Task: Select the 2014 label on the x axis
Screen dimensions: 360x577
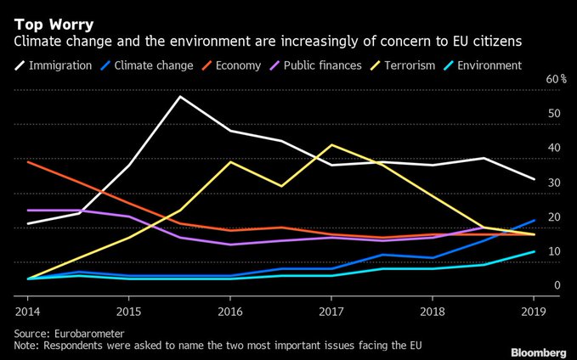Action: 28,310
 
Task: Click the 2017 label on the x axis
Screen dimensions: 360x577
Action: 331,310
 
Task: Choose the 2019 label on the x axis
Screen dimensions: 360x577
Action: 533,310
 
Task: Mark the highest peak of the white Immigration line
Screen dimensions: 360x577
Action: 179,96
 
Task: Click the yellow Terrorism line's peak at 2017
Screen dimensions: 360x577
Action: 331,144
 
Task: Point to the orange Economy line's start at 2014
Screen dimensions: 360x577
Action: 28,161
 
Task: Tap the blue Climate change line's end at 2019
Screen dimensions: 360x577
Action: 534,220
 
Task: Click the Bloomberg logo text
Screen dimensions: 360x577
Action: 539,352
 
